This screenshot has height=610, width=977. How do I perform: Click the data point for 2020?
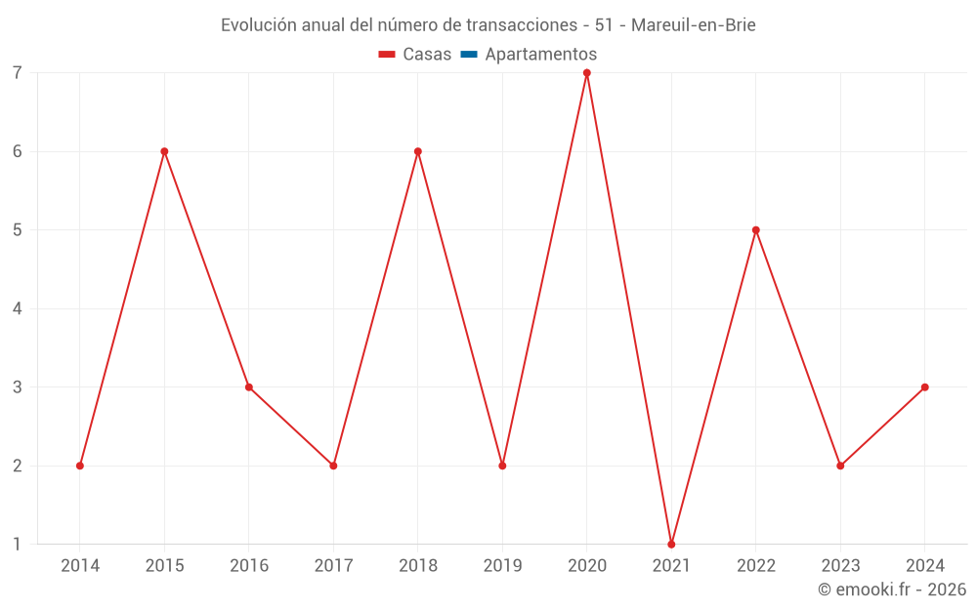click(x=587, y=73)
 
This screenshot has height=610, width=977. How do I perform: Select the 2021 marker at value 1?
click(x=671, y=544)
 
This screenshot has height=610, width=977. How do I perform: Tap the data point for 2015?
click(x=164, y=151)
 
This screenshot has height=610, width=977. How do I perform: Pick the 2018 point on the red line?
click(x=418, y=151)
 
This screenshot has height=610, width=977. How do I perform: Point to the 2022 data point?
click(x=756, y=230)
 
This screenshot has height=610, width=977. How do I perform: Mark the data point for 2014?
click(x=80, y=466)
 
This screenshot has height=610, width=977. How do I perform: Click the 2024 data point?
click(x=925, y=387)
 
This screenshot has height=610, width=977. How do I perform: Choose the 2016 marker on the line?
click(x=249, y=387)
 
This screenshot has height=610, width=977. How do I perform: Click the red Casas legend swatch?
click(x=386, y=55)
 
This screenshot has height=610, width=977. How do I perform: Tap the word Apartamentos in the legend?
click(x=540, y=55)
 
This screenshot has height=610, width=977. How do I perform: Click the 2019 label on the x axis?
click(x=502, y=566)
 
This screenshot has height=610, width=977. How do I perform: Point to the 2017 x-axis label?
click(x=333, y=566)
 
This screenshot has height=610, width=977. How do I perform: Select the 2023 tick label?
click(x=840, y=566)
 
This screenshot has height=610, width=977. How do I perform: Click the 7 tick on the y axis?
click(x=18, y=73)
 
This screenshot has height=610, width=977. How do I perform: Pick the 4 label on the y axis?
click(x=18, y=308)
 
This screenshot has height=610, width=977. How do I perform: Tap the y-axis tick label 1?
click(x=18, y=544)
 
